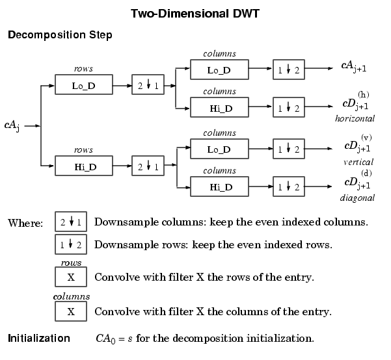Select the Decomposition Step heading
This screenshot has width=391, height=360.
coord(60,34)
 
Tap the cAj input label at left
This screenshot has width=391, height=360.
coord(12,124)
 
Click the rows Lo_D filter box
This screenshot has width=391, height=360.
coord(92,85)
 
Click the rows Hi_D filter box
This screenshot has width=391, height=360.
coord(92,166)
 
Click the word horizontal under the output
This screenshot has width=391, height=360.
coord(355,119)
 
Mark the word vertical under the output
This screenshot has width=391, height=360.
coord(358,162)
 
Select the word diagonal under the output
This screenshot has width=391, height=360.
coord(357,197)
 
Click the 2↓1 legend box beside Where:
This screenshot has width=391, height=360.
coord(70,222)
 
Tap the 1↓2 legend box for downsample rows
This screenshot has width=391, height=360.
coord(70,245)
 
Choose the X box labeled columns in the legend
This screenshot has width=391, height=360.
coord(71,311)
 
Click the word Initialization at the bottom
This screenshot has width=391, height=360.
coord(39,339)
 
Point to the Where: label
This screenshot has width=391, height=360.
coord(25,223)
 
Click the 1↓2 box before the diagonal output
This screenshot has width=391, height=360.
coord(288,187)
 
